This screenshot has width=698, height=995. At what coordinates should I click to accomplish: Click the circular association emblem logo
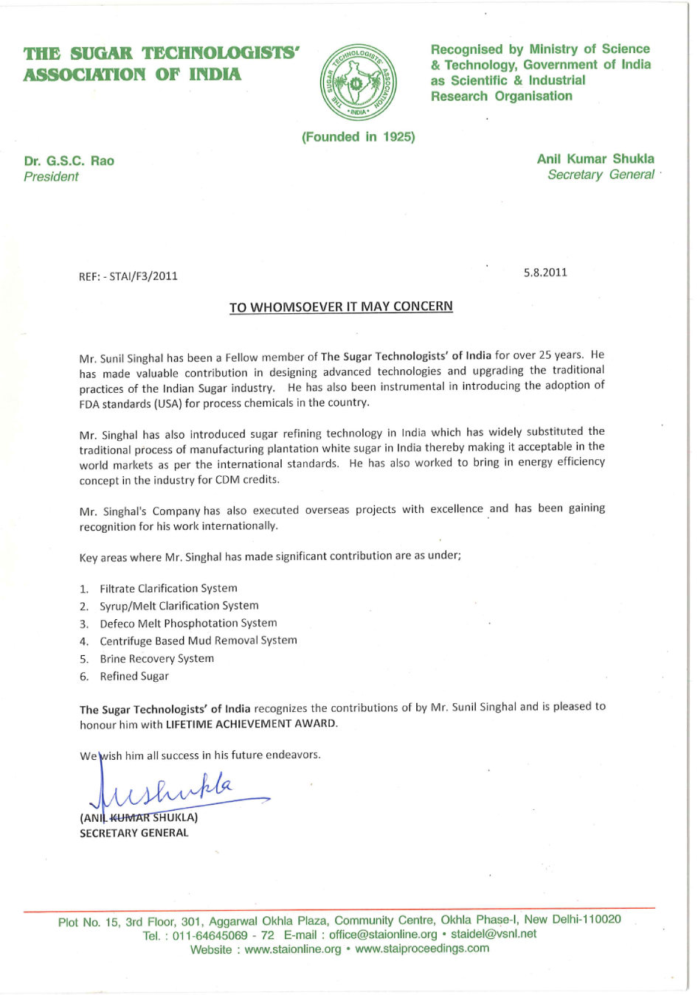click(359, 83)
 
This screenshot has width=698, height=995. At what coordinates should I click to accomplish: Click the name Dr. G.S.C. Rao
click(69, 161)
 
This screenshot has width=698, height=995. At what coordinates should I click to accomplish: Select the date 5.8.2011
click(545, 273)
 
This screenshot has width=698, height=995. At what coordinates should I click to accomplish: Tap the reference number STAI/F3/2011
click(143, 276)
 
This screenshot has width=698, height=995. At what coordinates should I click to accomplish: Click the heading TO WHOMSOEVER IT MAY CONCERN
click(341, 307)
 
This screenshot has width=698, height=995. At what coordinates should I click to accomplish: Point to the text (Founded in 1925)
click(358, 137)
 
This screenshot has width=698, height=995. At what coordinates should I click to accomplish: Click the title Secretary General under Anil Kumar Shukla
click(601, 175)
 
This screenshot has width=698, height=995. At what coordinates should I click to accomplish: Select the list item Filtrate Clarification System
click(168, 588)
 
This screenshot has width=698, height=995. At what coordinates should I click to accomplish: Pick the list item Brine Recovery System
click(156, 659)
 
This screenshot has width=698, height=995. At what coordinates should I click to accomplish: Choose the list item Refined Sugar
click(134, 677)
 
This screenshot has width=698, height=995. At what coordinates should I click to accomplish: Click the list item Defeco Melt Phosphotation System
click(188, 624)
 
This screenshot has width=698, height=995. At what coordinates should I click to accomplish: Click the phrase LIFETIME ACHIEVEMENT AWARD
click(251, 724)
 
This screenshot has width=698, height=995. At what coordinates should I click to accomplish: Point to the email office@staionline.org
click(382, 935)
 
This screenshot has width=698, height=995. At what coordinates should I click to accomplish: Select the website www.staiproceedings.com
click(422, 949)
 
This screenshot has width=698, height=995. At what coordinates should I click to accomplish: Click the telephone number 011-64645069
click(210, 935)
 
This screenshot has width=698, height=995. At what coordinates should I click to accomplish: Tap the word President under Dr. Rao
click(51, 177)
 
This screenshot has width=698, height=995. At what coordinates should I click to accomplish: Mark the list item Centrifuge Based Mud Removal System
click(198, 641)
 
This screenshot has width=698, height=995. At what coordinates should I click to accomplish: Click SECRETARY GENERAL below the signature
click(134, 833)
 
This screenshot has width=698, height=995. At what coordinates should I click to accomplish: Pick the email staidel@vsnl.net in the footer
click(494, 934)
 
